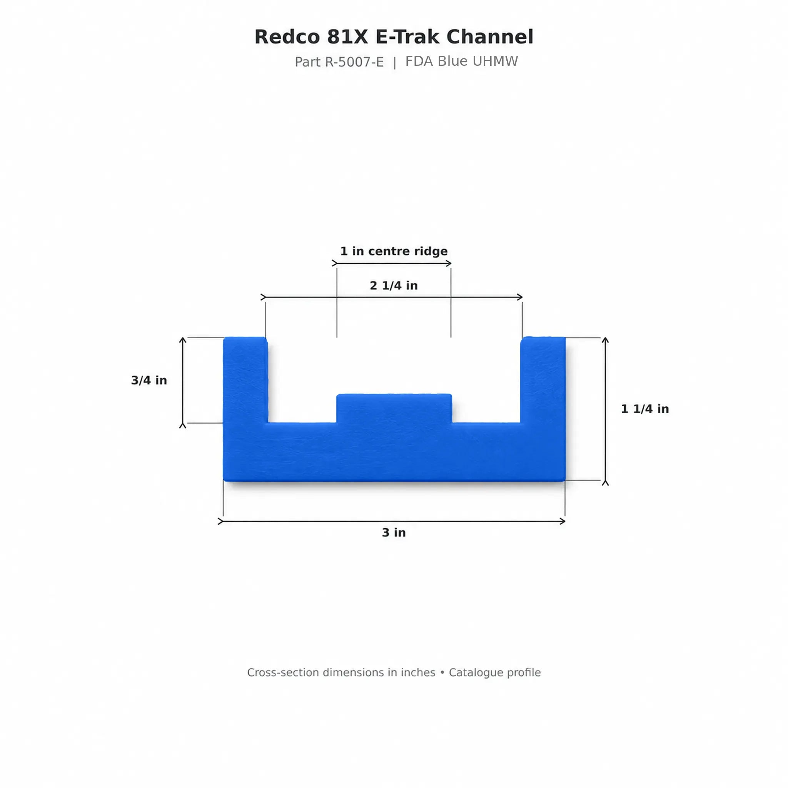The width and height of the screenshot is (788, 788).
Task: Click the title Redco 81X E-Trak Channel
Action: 394,37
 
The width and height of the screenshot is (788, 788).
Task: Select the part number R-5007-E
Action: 354,62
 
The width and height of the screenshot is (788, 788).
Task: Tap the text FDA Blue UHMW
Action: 461,61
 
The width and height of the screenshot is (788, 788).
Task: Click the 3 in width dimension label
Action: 394,532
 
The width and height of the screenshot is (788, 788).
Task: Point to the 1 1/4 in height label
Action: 645,409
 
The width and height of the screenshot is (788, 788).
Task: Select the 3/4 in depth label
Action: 149,380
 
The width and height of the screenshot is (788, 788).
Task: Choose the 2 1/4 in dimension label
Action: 394,285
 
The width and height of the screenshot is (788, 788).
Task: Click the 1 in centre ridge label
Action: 394,251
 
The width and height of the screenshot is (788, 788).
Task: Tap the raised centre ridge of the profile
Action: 394,408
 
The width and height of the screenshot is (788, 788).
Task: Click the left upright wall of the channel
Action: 245,379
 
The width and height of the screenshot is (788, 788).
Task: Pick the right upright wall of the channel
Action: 543,379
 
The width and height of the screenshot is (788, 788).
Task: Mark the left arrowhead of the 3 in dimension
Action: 220,521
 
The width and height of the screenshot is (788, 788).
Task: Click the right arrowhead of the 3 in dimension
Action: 563,521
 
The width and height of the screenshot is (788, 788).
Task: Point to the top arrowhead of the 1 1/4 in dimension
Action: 605,340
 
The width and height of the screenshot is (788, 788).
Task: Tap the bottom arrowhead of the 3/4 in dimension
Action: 183,426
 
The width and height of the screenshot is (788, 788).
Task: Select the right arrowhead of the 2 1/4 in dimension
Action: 520,297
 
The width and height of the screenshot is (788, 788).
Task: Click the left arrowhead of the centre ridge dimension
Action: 334,264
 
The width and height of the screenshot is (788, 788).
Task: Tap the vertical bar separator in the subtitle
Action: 394,63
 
